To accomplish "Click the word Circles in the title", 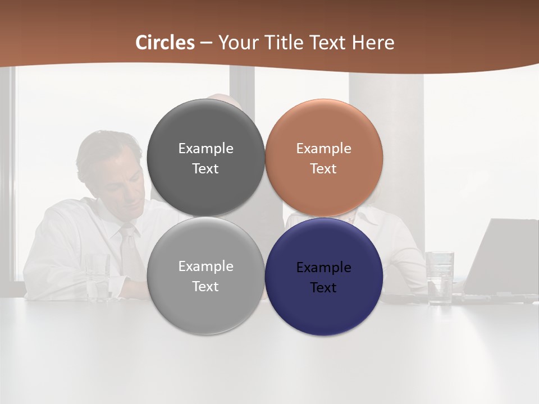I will tap(165, 43).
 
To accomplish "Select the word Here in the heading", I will tap(373, 43).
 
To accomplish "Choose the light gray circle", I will tap(205, 306).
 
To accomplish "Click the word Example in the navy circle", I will tap(323, 268).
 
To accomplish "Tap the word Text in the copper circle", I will tap(323, 169).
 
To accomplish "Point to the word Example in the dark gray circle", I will tap(205, 149).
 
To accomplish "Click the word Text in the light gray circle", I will tap(205, 287).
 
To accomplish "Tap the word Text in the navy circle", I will tap(323, 288).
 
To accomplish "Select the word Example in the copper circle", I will tap(323, 149).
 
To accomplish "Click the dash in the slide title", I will tap(206, 43).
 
